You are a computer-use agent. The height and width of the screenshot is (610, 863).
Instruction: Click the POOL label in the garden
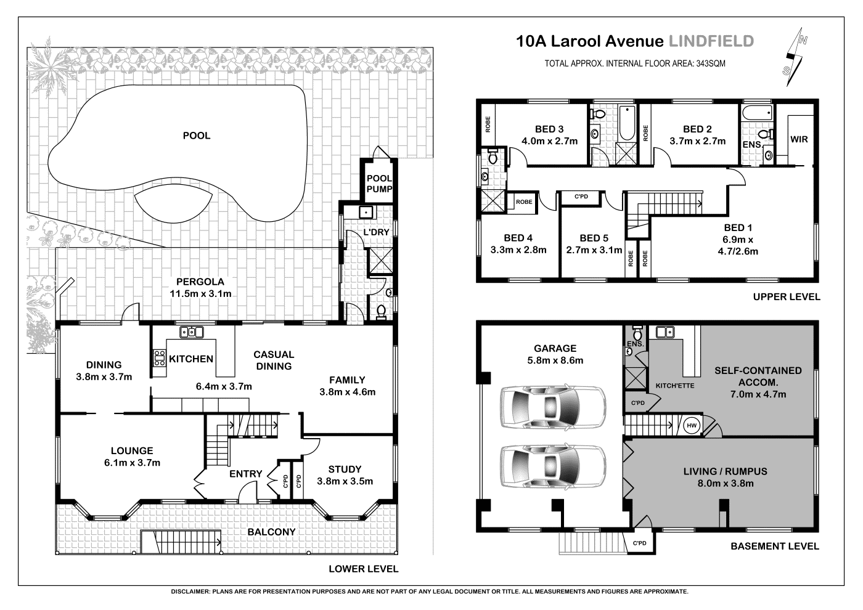click(196, 136)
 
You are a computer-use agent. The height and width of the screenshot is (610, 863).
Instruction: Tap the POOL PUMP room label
click(379, 184)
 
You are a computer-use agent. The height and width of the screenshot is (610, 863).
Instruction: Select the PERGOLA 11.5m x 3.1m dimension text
click(200, 288)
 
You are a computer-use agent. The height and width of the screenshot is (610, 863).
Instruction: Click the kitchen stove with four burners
click(159, 359)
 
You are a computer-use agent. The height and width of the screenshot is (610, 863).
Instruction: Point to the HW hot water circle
click(691, 425)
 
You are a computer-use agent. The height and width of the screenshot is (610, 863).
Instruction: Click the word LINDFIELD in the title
click(711, 41)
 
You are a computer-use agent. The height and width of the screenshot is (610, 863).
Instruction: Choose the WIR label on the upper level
click(799, 139)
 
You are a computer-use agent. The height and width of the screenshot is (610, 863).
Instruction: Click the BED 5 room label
click(594, 244)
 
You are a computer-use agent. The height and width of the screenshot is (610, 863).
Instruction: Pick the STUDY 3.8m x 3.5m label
click(345, 475)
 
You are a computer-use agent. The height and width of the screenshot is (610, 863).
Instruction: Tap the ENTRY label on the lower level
click(245, 474)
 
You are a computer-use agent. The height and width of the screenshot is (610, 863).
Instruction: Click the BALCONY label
click(271, 532)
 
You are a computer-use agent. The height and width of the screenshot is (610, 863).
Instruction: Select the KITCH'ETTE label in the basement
click(674, 386)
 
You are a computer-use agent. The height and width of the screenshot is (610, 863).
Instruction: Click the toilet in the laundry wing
click(380, 311)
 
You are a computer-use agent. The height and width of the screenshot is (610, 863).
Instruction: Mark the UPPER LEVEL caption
click(786, 297)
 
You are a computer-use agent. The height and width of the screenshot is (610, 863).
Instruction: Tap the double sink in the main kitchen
click(191, 333)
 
